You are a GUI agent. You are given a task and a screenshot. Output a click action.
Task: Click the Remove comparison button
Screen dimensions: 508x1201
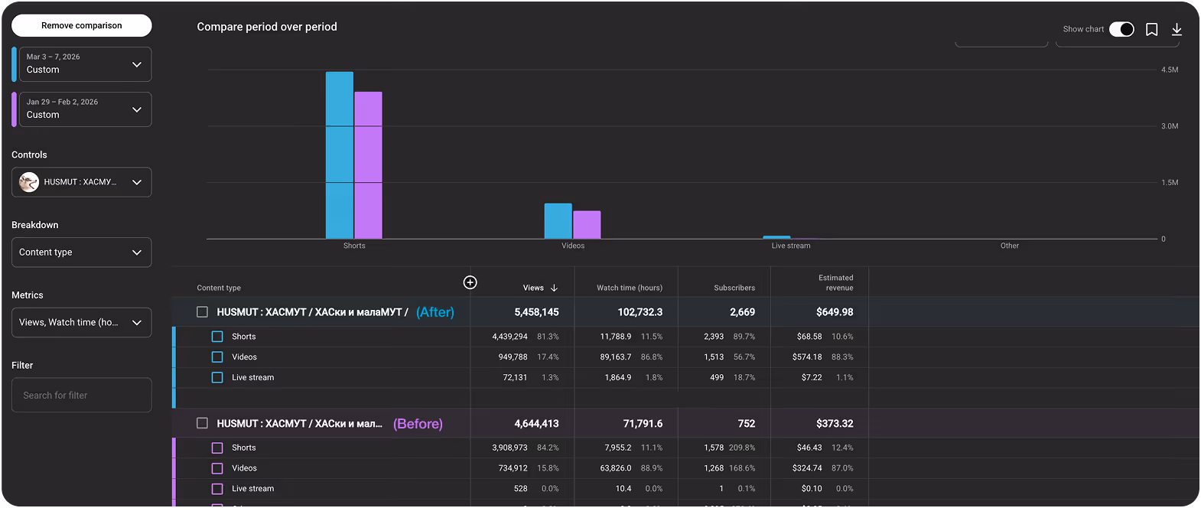(x=81, y=25)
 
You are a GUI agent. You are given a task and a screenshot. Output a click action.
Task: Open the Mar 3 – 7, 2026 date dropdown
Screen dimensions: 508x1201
(x=84, y=64)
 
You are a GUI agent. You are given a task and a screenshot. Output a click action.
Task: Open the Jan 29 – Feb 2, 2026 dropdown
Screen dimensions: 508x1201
(x=84, y=109)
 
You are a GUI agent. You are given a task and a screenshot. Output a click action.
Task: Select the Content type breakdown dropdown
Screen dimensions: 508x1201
(x=81, y=252)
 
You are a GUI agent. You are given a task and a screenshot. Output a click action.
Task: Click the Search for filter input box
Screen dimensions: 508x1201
(x=81, y=395)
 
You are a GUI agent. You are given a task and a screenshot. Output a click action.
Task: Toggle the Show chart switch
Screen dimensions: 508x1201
(x=1121, y=29)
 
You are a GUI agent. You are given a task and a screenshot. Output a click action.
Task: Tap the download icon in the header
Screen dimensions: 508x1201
(x=1177, y=29)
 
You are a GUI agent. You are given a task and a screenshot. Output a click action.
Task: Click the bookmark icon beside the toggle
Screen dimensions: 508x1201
(x=1151, y=29)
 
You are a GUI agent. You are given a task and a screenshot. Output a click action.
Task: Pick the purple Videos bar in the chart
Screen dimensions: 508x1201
(x=587, y=225)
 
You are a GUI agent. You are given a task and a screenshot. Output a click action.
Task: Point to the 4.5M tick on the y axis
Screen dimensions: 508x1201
(x=1170, y=70)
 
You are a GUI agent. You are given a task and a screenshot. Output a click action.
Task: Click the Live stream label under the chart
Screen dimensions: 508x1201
(x=790, y=246)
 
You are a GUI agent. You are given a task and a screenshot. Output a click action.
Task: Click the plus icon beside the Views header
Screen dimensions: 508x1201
(x=470, y=282)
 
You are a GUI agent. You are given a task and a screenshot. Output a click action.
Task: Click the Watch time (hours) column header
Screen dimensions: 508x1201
(x=630, y=288)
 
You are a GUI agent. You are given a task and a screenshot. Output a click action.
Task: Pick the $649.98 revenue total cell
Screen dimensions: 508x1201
(x=835, y=312)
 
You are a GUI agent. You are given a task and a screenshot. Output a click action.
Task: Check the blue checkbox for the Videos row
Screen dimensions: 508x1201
(x=217, y=357)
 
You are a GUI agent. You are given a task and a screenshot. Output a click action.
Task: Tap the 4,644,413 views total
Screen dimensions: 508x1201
(x=536, y=423)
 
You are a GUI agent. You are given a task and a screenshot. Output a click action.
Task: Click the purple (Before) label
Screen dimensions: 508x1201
(x=418, y=424)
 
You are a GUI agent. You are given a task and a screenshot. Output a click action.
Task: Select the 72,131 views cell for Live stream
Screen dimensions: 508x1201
(x=515, y=377)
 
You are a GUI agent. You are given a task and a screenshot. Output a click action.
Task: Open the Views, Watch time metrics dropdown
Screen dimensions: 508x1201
(x=81, y=322)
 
